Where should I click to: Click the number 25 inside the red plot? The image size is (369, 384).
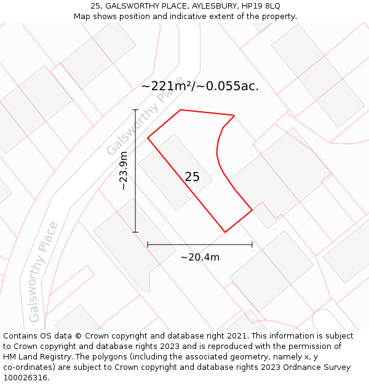192,177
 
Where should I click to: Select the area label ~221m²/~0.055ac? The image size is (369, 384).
200,86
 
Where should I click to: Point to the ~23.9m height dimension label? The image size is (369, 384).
124,171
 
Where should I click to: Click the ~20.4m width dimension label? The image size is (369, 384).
200,257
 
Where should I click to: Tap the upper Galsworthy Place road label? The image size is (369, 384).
145,116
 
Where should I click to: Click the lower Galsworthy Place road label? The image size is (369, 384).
43,272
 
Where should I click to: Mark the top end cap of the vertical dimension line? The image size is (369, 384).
135,110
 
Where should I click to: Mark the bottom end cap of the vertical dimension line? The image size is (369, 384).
135,232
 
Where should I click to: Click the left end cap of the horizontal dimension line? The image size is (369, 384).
148,245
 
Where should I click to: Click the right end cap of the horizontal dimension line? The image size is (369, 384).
252,245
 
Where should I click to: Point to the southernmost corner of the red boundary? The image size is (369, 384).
225,232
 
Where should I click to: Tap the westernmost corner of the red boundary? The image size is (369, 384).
148,138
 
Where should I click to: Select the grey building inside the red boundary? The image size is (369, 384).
175,172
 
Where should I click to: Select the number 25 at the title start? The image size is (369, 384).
95,6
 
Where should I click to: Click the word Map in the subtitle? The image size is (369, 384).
83,16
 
